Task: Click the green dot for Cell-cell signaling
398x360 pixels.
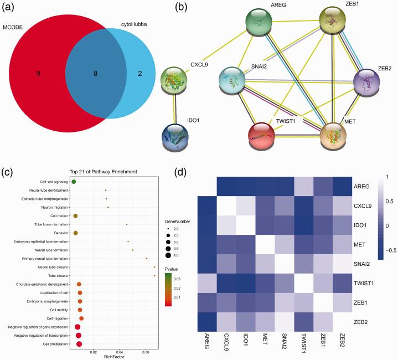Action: (74, 181)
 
